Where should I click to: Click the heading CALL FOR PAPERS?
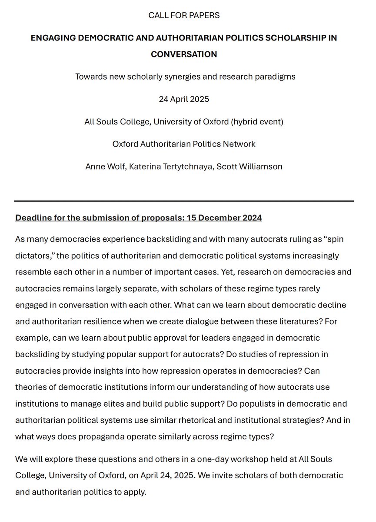click(184, 16)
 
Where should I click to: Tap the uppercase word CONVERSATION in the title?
click(184, 55)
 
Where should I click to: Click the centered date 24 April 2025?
click(184, 99)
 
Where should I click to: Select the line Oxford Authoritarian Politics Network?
click(184, 144)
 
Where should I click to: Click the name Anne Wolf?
click(102, 167)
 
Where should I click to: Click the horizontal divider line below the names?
click(184, 201)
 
